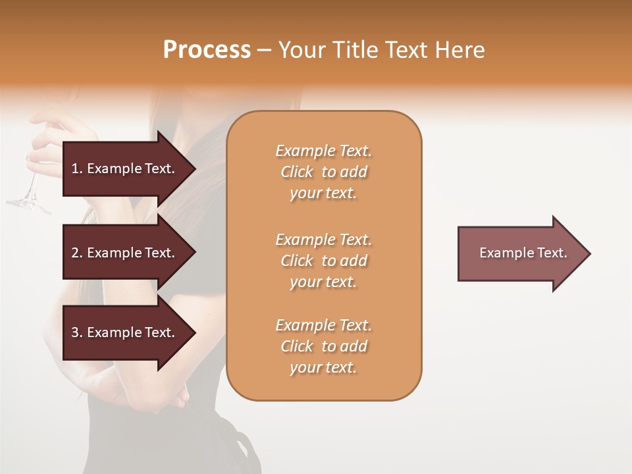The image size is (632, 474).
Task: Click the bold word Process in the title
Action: (x=207, y=50)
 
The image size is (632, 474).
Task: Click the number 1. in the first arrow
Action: (x=77, y=169)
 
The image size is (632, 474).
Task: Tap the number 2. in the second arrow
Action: (x=77, y=253)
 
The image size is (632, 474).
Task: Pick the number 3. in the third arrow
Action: (x=77, y=332)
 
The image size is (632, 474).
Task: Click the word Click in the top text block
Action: (x=297, y=172)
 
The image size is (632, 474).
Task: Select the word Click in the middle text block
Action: (x=297, y=261)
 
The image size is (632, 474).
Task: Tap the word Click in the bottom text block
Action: (x=297, y=346)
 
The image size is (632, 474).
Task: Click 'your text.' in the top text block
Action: (x=323, y=194)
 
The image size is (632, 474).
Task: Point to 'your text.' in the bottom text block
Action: (x=323, y=368)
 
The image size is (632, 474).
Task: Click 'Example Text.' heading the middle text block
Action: (x=323, y=239)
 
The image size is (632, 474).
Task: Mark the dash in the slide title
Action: (x=264, y=51)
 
